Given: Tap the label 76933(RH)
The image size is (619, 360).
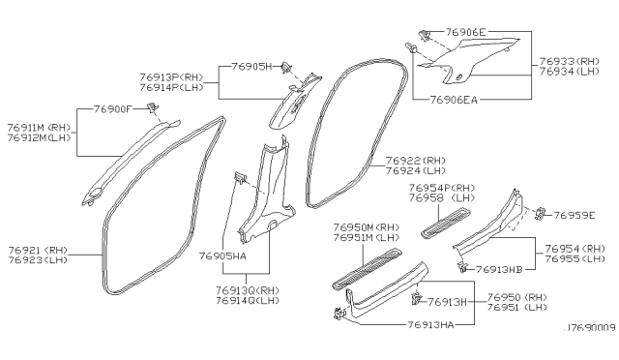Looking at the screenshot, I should click(x=573, y=59).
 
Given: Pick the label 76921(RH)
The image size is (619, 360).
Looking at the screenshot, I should click(x=39, y=250).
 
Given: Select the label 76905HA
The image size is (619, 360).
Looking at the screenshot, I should click(x=251, y=256).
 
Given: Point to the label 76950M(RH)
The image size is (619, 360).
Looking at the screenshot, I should click(x=366, y=225).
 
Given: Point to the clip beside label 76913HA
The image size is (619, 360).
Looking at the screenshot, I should click(x=339, y=314).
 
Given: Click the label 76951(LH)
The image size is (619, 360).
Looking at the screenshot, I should click(x=518, y=308).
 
